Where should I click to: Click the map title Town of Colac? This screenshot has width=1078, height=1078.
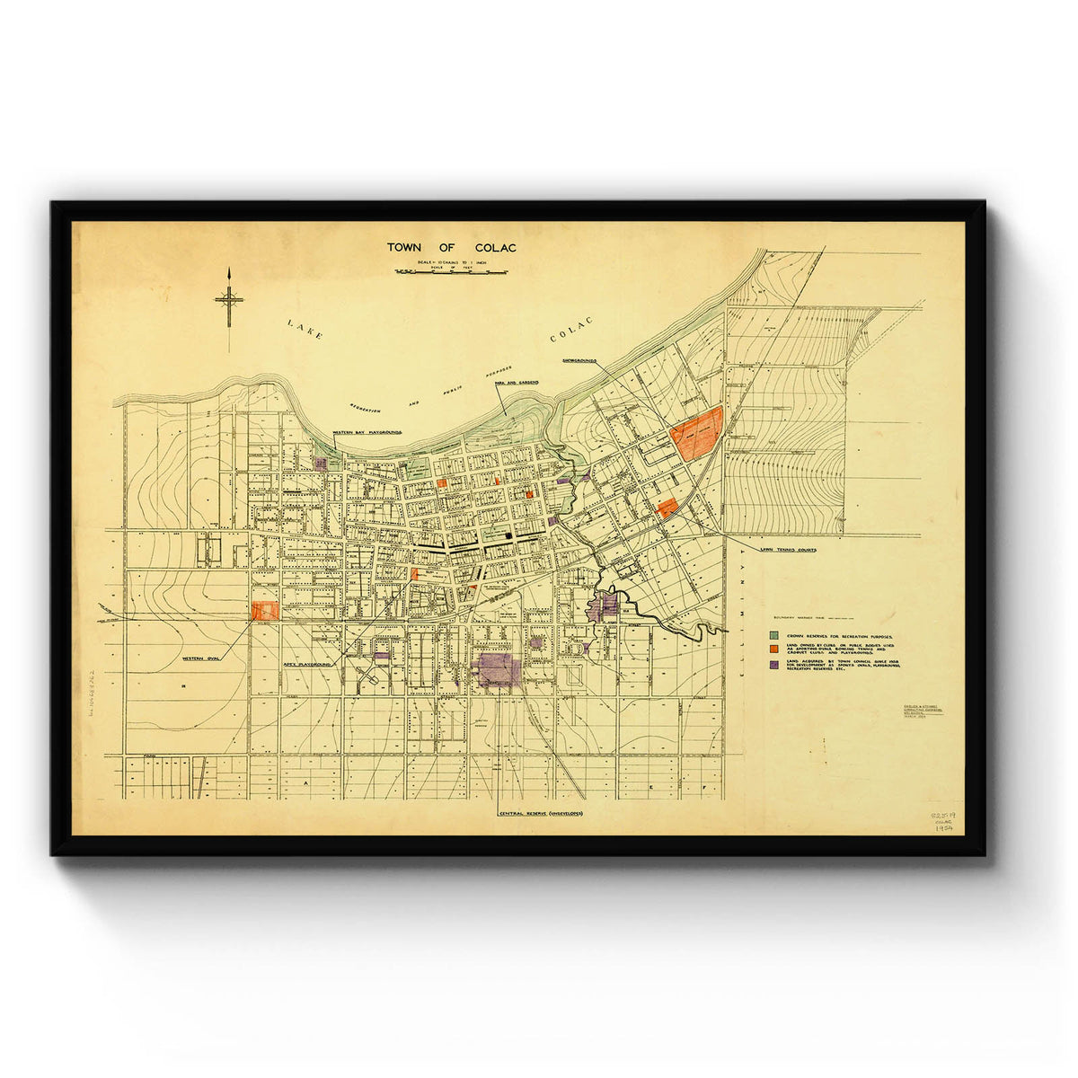(452, 247)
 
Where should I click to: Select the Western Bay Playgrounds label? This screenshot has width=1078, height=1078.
(367, 432)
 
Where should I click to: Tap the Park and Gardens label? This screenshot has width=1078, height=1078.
(516, 383)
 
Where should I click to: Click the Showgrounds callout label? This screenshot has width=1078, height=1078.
(579, 360)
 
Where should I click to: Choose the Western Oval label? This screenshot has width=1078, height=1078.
(201, 658)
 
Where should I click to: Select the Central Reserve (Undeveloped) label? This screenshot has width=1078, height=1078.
(541, 814)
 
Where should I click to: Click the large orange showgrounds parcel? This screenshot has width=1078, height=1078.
(697, 434)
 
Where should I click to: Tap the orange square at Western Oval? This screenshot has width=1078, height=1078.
(265, 611)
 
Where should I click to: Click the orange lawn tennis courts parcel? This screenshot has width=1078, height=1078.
(667, 508)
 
